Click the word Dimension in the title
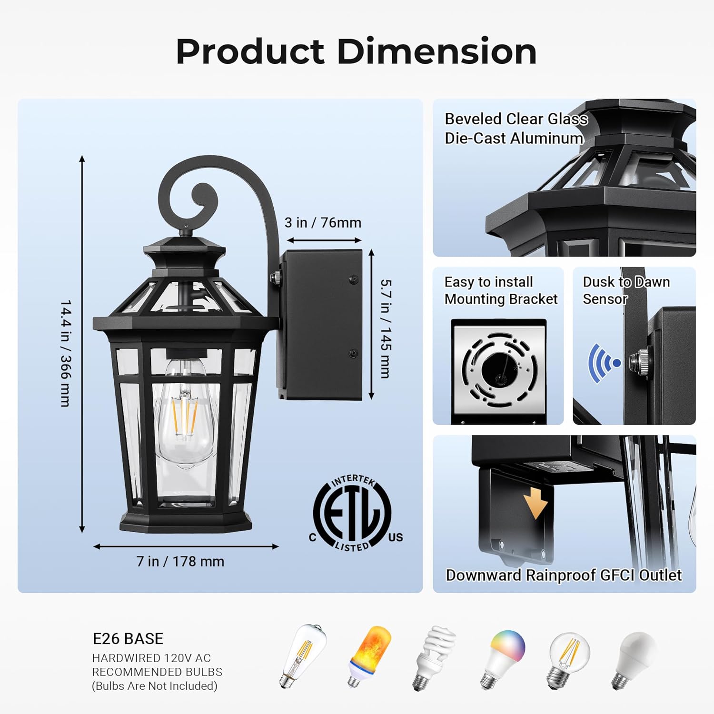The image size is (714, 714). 437,51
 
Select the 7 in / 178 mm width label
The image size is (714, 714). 180,562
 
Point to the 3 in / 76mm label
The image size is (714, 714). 323,223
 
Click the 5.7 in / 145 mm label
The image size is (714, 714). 386,328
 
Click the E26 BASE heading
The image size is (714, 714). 128,639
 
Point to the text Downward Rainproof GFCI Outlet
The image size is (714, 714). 564,575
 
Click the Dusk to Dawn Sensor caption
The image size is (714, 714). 626,290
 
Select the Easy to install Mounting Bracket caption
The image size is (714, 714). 500,290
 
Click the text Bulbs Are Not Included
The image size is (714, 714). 155,686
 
